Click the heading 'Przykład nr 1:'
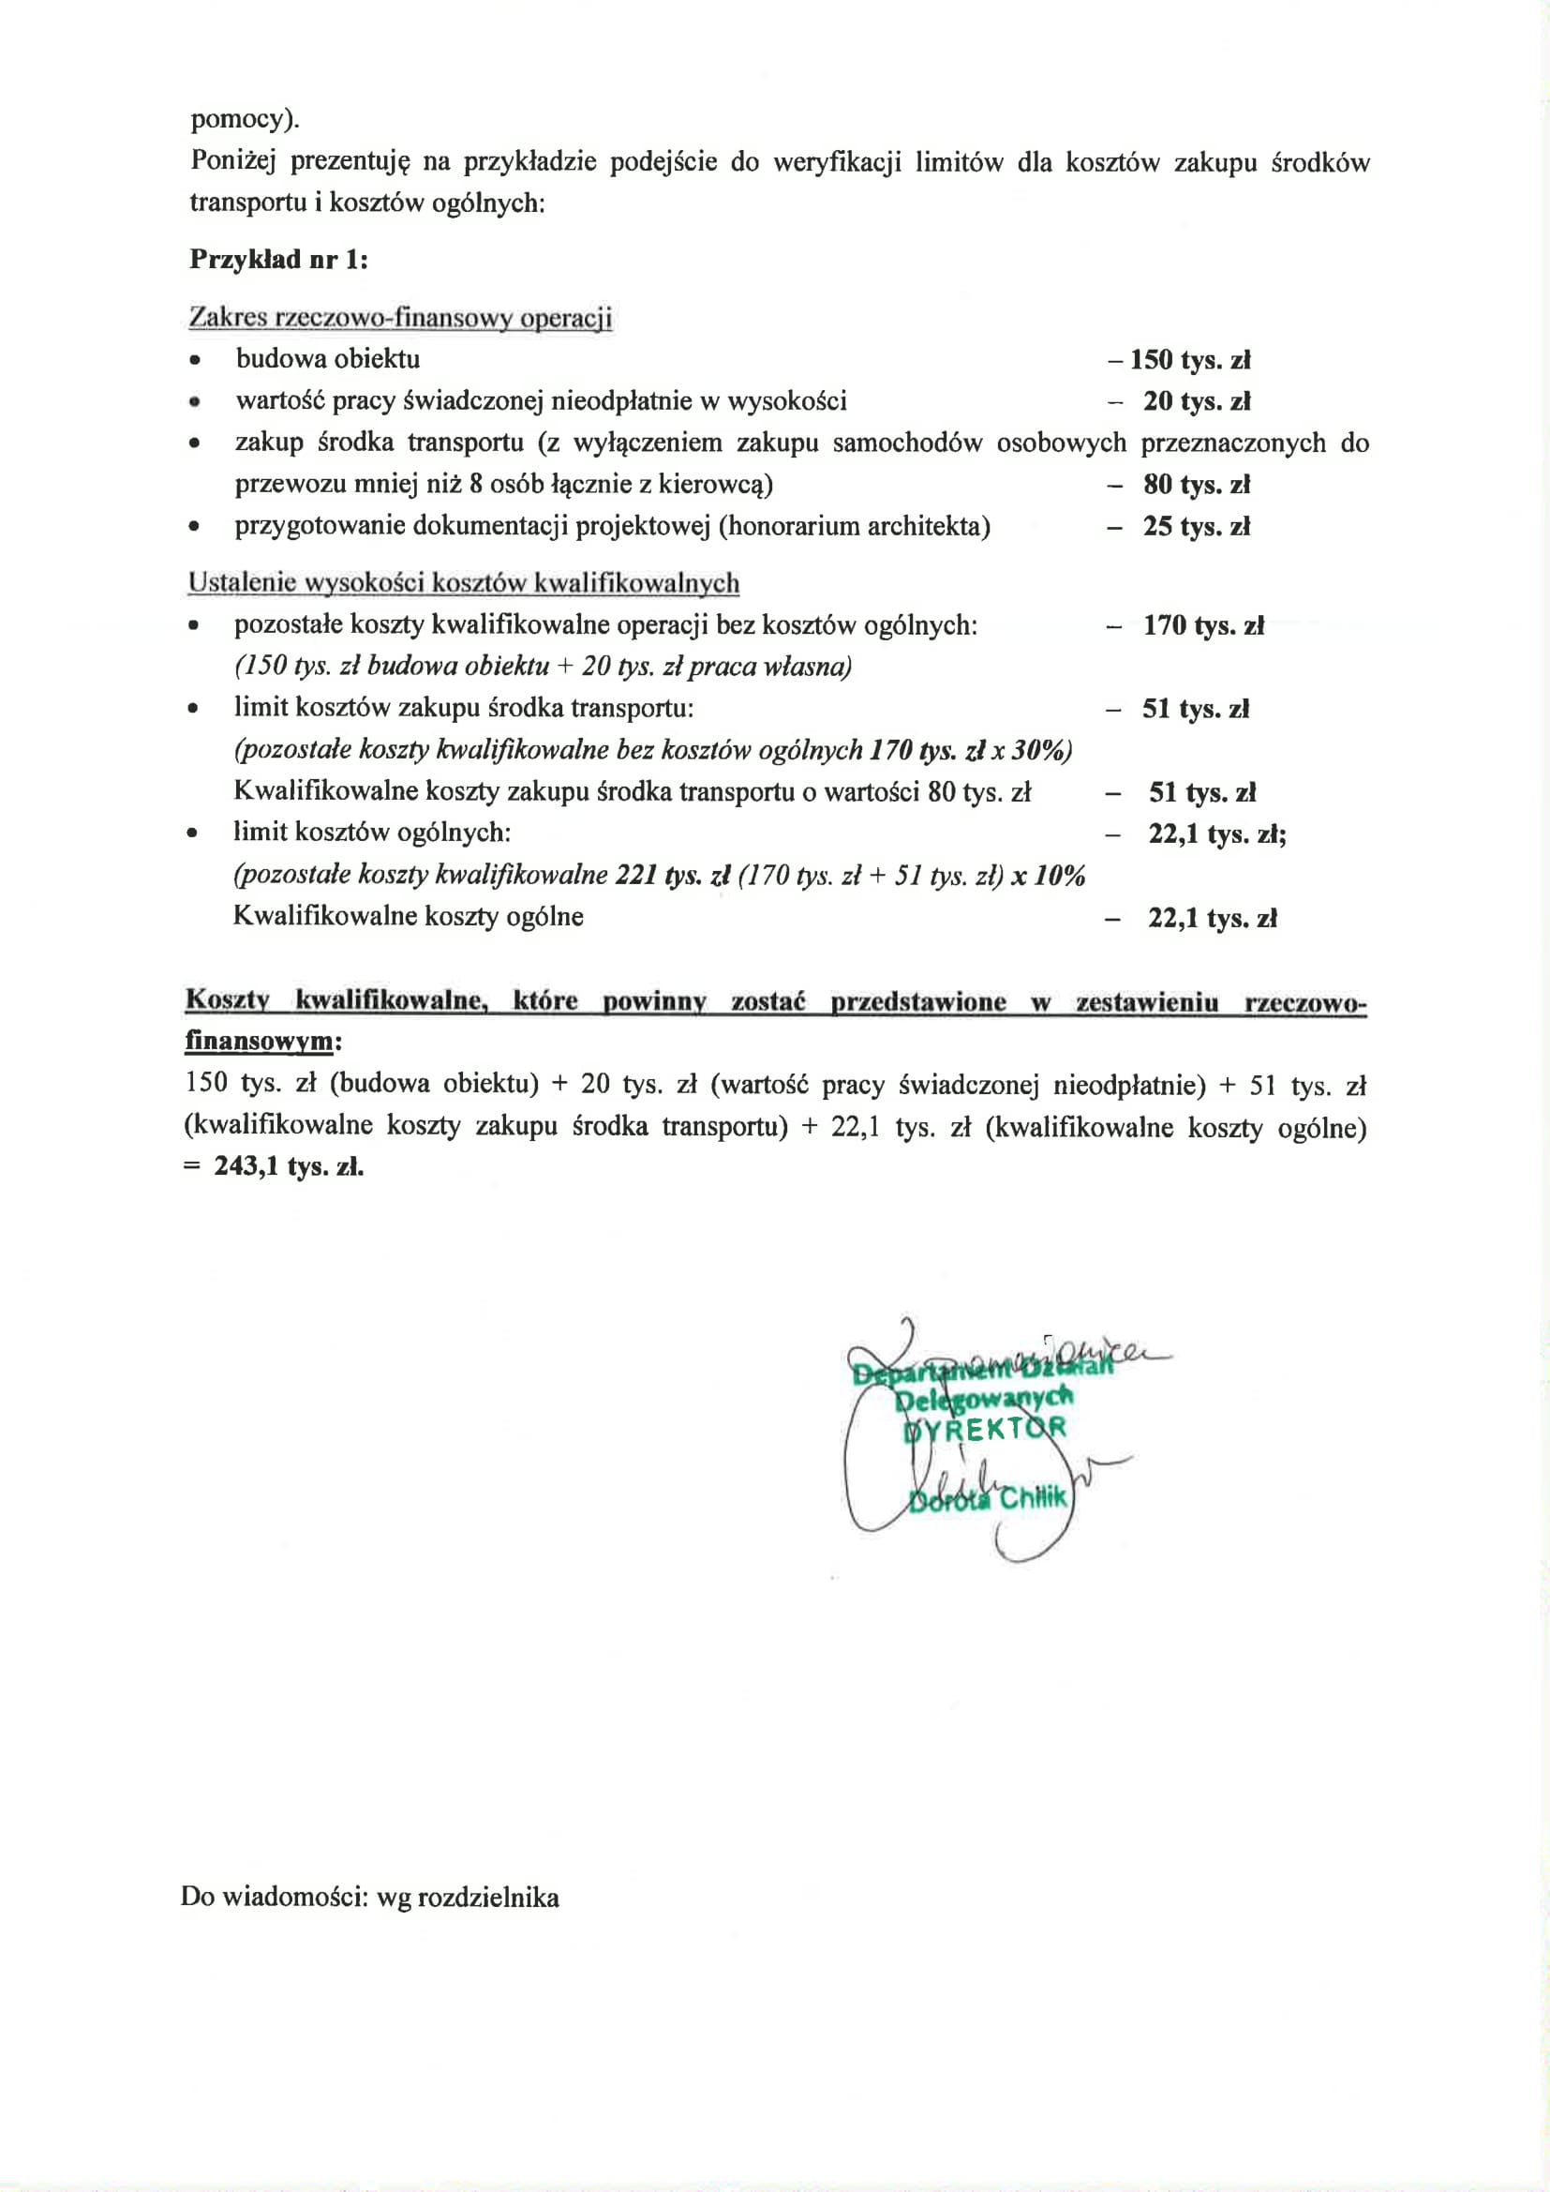coord(278,259)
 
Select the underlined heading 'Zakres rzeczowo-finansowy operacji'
coord(400,317)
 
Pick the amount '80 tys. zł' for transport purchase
coord(1196,485)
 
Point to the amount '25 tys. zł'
coord(1196,527)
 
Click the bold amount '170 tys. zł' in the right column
coord(1202,626)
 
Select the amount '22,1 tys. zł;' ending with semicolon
coord(1217,834)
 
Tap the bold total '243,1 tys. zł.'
coord(289,1166)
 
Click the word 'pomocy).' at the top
coord(246,120)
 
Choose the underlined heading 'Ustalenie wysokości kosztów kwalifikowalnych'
coord(464,582)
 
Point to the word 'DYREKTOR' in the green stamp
coord(984,1429)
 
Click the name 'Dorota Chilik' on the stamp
coord(987,1498)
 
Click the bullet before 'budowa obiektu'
coord(195,361)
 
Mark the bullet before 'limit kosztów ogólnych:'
coord(194,833)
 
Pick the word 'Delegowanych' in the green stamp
coord(983,1399)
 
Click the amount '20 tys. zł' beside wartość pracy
coord(1196,402)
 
